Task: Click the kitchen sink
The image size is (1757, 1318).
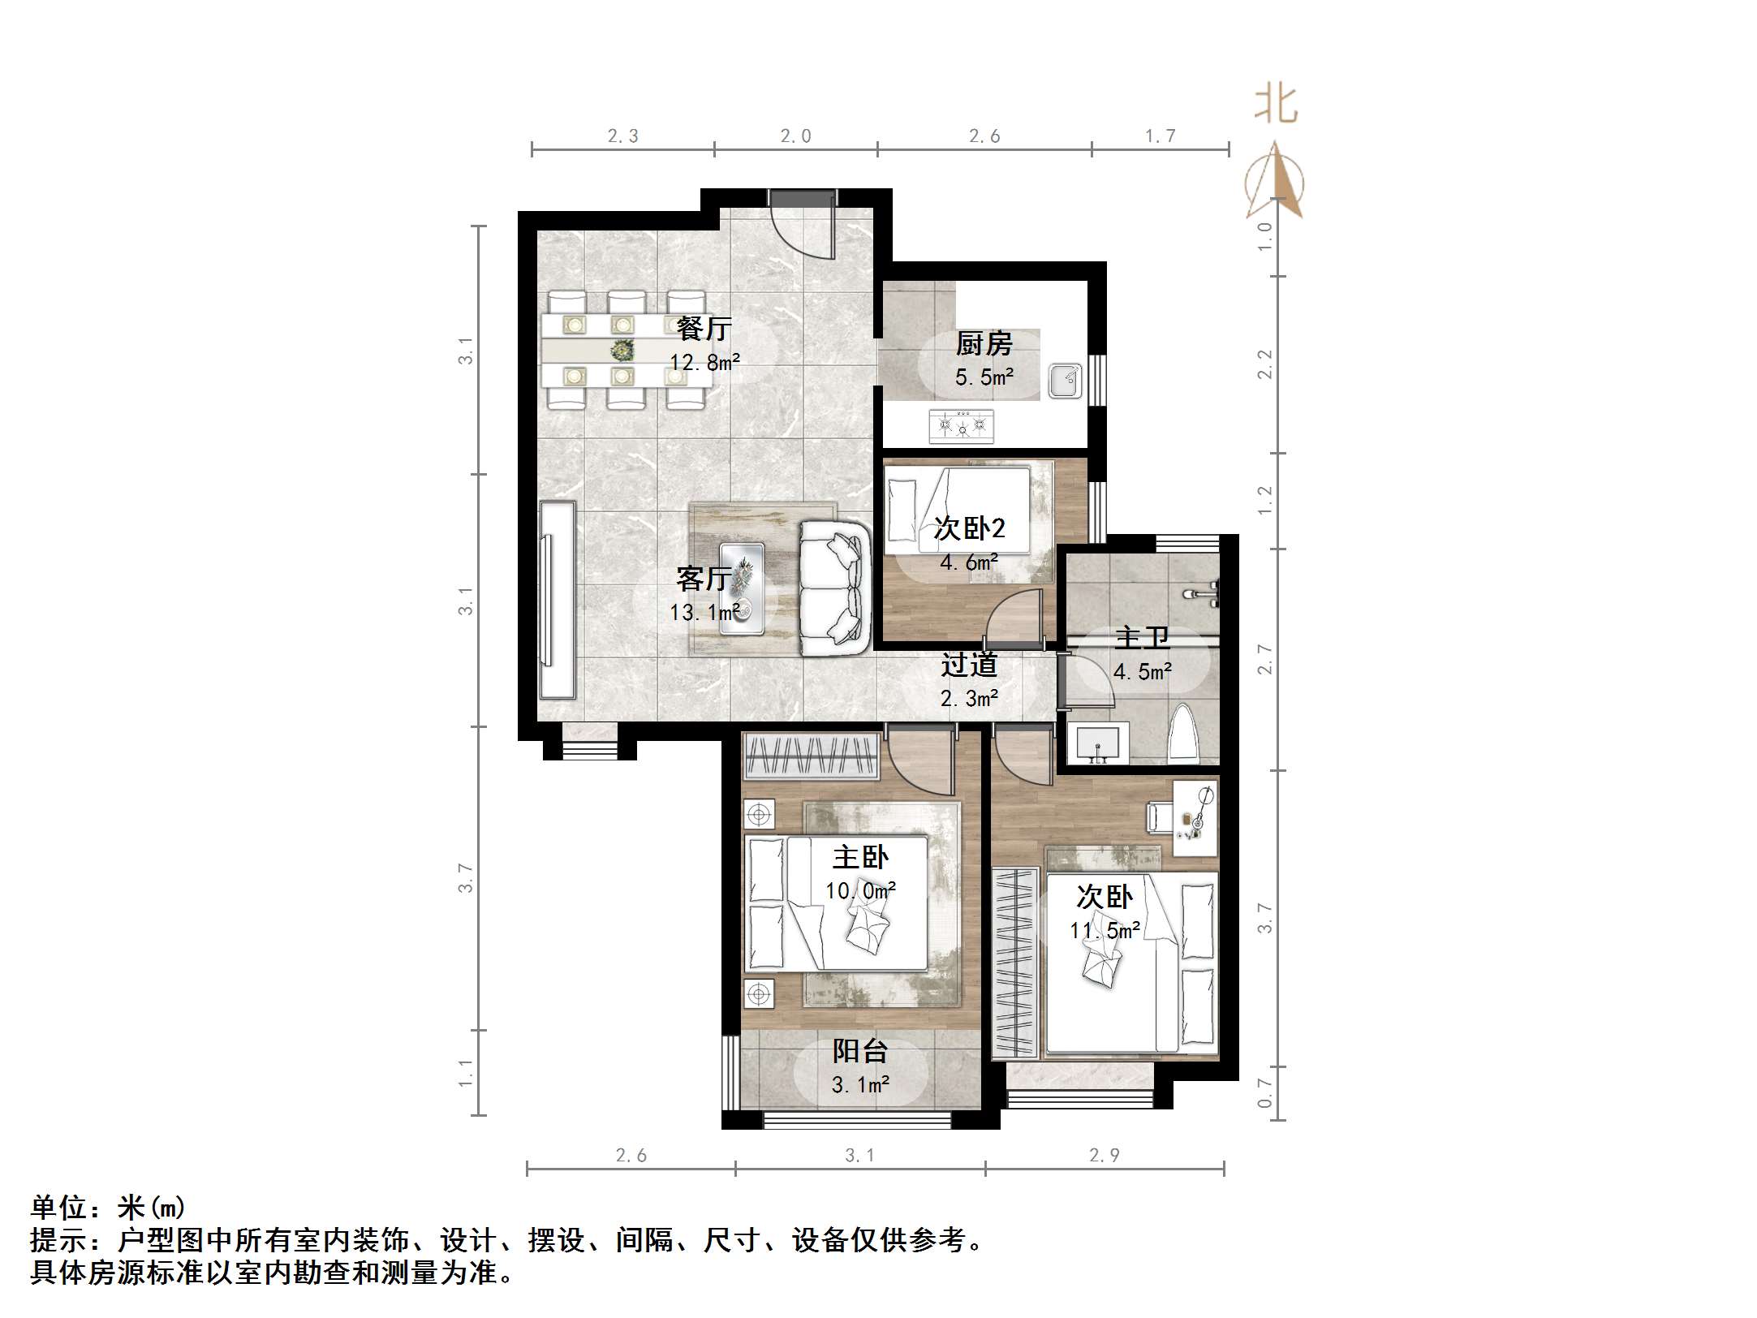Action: point(1065,381)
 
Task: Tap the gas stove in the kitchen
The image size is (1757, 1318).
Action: point(962,424)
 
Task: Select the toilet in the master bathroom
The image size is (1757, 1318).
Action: point(1183,735)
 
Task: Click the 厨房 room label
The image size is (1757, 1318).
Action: point(984,344)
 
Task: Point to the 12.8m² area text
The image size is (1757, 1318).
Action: point(704,363)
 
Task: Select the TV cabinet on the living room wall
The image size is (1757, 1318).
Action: point(558,600)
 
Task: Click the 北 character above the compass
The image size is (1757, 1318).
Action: point(1276,106)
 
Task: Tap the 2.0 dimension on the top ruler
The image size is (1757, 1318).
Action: point(795,136)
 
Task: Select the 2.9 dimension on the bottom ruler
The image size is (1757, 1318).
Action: point(1105,1156)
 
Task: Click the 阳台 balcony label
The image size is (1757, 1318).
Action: point(860,1051)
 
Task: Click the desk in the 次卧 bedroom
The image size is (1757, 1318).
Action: point(1195,817)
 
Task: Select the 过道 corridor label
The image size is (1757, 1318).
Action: point(969,665)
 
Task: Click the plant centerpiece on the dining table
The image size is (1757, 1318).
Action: point(622,351)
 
